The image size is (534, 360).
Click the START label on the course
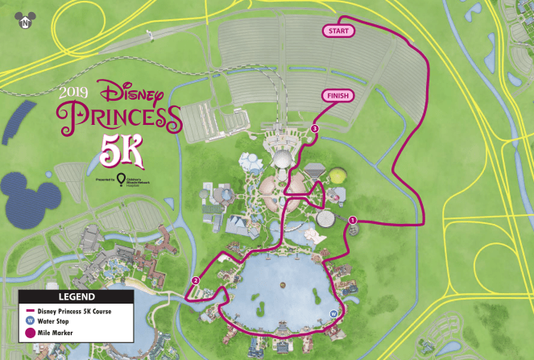(x=337, y=31)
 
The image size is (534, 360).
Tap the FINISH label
(x=339, y=96)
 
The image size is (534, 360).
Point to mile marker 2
(x=195, y=281)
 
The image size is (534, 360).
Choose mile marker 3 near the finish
(x=315, y=129)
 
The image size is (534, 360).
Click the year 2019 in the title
(x=75, y=91)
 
